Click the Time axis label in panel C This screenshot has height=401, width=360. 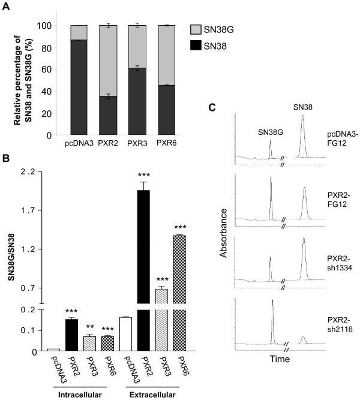[x=279, y=360]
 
